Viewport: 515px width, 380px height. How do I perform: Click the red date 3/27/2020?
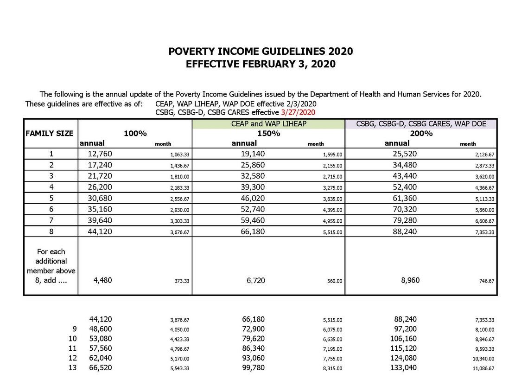pos(298,112)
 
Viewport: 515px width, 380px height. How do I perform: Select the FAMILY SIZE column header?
pos(50,134)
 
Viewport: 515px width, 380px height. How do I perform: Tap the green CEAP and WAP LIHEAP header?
pos(268,124)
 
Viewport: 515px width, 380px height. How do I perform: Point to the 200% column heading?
pos(421,134)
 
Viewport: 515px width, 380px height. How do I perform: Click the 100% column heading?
pos(135,134)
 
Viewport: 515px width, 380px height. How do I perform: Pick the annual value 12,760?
pos(100,154)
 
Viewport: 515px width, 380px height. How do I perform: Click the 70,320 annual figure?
pos(405,209)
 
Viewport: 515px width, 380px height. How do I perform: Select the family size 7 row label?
pos(51,220)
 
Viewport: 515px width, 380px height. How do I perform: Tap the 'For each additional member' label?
pos(51,266)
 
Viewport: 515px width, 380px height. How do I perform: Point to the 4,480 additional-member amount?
pos(100,280)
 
